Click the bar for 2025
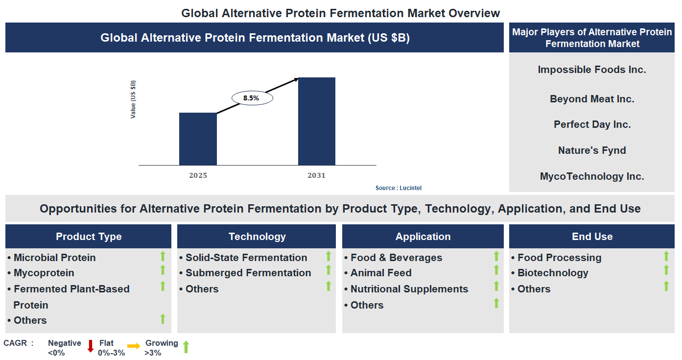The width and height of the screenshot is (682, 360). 198,139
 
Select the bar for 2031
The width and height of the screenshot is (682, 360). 317,121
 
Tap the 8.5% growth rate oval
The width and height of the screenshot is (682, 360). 251,98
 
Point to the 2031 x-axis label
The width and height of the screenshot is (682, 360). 316,175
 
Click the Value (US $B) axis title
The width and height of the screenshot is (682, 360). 133,99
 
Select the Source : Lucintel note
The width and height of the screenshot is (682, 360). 398,188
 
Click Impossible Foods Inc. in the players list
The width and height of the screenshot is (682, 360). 592,70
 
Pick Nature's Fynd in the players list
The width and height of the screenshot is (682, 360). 592,150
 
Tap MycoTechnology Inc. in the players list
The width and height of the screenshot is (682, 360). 592,176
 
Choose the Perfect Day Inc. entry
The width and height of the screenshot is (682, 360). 592,124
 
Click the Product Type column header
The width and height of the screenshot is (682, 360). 89,237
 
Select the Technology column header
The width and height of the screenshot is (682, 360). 257,237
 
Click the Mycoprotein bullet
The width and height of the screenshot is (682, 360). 44,273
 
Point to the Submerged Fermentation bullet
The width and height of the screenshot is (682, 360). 248,273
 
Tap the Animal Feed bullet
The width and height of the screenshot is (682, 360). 380,273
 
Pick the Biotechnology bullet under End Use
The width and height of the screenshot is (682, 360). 552,273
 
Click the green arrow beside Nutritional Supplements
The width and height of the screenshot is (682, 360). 496,287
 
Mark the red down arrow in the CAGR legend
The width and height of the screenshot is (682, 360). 90,346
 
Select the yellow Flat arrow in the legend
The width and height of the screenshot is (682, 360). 134,346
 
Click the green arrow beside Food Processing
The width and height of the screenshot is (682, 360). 666,256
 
